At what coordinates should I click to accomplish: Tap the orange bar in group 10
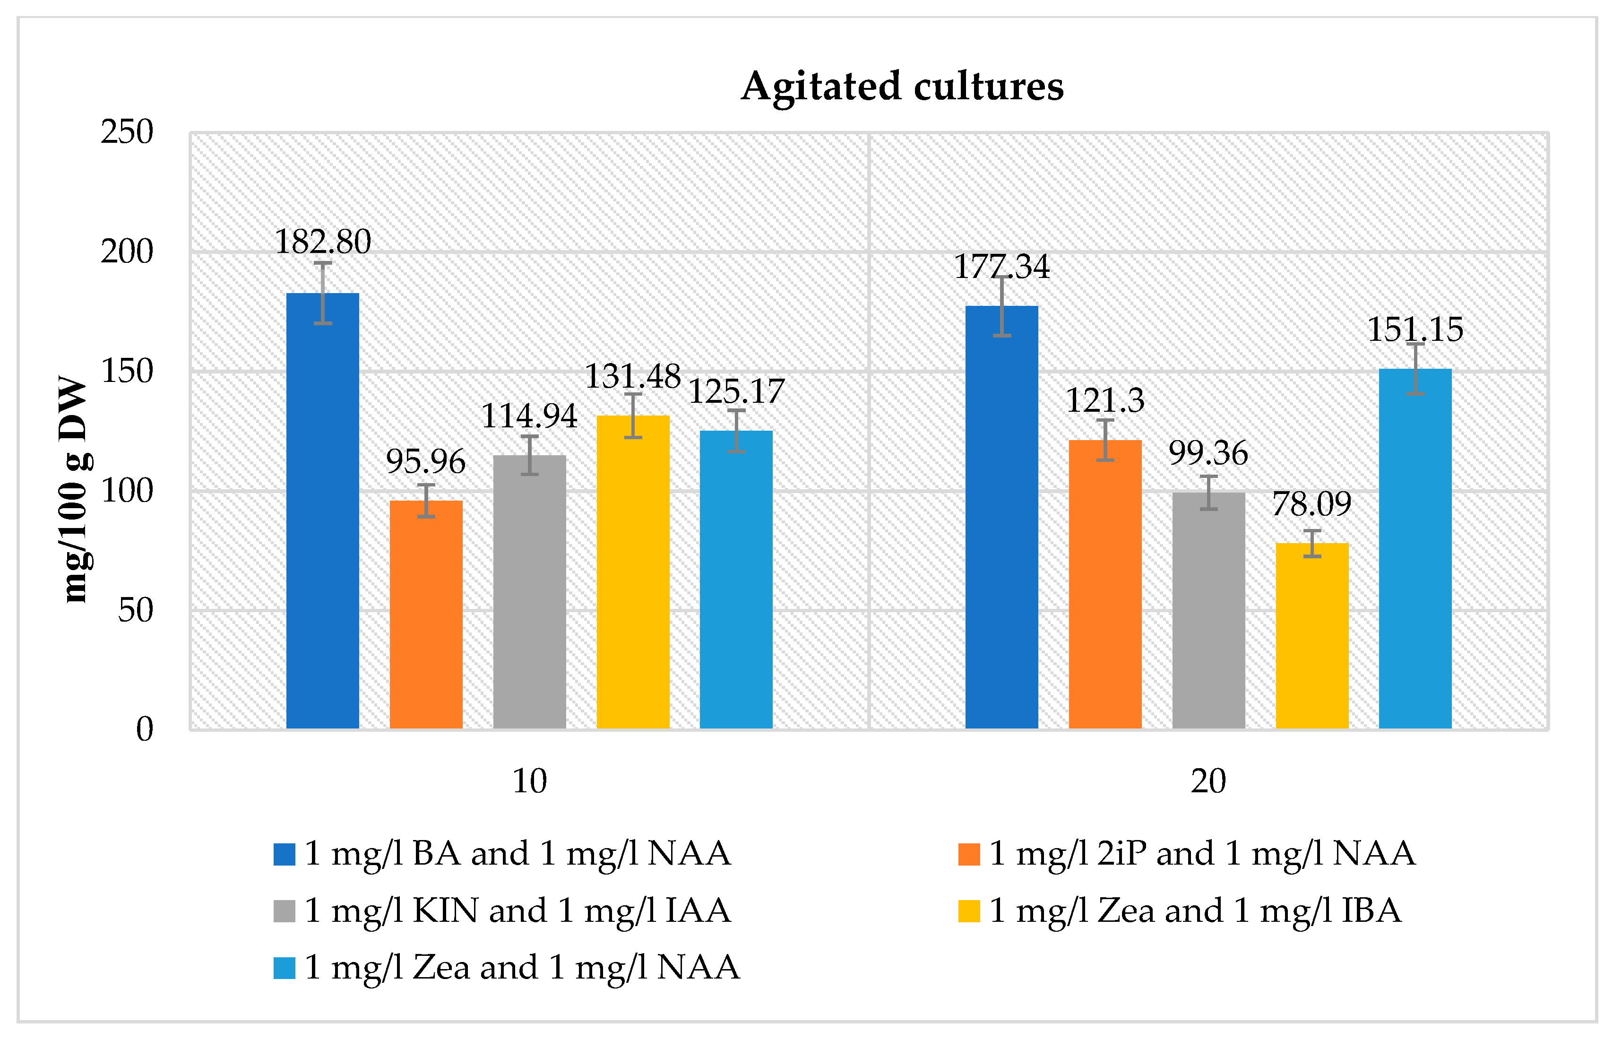(426, 614)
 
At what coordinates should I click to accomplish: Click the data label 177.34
(1001, 266)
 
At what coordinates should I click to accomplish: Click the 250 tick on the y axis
(127, 132)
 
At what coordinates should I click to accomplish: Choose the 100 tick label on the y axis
(127, 491)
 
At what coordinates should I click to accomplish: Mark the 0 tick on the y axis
(145, 729)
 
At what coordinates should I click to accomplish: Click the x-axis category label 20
(1208, 781)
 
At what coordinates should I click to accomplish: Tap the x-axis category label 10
(529, 781)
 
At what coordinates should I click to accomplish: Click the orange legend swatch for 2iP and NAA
(968, 854)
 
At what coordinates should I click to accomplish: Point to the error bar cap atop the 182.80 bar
(323, 263)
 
